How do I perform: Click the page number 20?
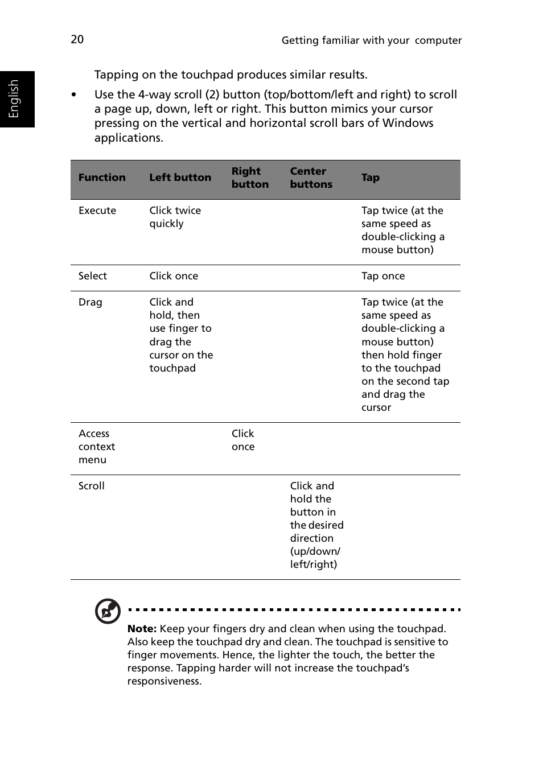[77, 39]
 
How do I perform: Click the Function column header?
[102, 178]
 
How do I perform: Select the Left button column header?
[180, 178]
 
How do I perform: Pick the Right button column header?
[250, 178]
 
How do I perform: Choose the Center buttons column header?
[311, 178]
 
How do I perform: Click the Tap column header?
[370, 178]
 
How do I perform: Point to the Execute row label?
[97, 211]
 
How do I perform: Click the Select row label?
[93, 276]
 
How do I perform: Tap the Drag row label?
[90, 302]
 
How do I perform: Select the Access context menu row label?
[97, 447]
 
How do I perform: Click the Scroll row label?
[92, 486]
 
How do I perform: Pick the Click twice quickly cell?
[175, 217]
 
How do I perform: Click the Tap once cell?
[383, 276]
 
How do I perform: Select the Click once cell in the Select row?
[174, 276]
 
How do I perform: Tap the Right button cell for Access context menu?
[243, 440]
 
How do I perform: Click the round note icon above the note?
[108, 611]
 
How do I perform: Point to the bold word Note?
[142, 629]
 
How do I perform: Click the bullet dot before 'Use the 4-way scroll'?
[74, 95]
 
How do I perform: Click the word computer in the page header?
[438, 40]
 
